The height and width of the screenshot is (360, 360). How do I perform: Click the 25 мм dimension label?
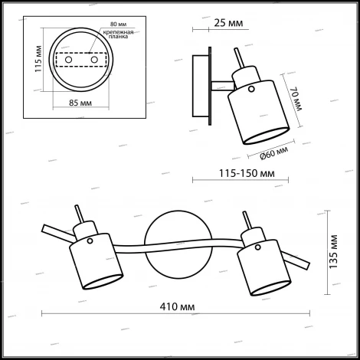(228, 23)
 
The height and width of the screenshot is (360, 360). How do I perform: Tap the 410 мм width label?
(177, 306)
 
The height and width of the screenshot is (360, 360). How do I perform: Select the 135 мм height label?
(333, 252)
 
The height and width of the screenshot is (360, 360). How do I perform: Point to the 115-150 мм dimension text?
(247, 173)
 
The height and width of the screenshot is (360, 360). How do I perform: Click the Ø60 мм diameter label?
(274, 153)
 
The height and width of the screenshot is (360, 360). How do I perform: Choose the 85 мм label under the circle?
(80, 103)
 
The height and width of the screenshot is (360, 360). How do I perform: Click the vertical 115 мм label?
(38, 59)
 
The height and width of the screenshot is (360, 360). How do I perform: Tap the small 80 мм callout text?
(119, 25)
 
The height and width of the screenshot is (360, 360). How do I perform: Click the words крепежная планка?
(118, 34)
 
